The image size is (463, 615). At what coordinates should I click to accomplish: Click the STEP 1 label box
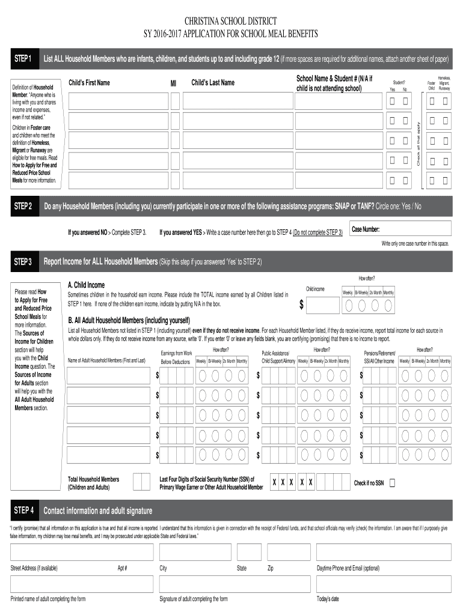(x=23, y=59)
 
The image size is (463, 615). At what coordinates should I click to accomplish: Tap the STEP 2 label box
(x=23, y=207)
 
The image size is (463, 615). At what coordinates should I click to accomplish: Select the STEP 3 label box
(x=23, y=262)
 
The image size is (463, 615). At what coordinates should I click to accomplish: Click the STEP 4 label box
(x=23, y=510)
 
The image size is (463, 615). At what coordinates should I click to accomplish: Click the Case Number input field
(x=400, y=229)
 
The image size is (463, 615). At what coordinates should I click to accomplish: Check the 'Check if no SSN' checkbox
(x=393, y=483)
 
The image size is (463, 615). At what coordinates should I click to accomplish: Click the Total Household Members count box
(x=141, y=482)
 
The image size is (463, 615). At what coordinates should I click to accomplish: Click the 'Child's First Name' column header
(x=90, y=83)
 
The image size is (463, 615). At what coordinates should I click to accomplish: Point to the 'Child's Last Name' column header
(x=213, y=83)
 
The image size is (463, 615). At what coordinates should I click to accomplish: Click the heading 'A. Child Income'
(x=86, y=285)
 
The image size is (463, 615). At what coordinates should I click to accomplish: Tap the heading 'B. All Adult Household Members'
(x=129, y=320)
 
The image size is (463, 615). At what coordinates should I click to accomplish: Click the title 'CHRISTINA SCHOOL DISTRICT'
(x=231, y=21)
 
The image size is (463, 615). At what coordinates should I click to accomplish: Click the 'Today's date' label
(x=328, y=599)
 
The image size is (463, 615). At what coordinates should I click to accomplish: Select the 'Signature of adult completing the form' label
(x=193, y=599)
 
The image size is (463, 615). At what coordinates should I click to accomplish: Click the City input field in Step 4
(x=194, y=552)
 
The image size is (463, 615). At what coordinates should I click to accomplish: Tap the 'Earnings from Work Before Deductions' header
(x=176, y=357)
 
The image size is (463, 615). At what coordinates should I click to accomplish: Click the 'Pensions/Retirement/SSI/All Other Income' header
(x=379, y=357)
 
